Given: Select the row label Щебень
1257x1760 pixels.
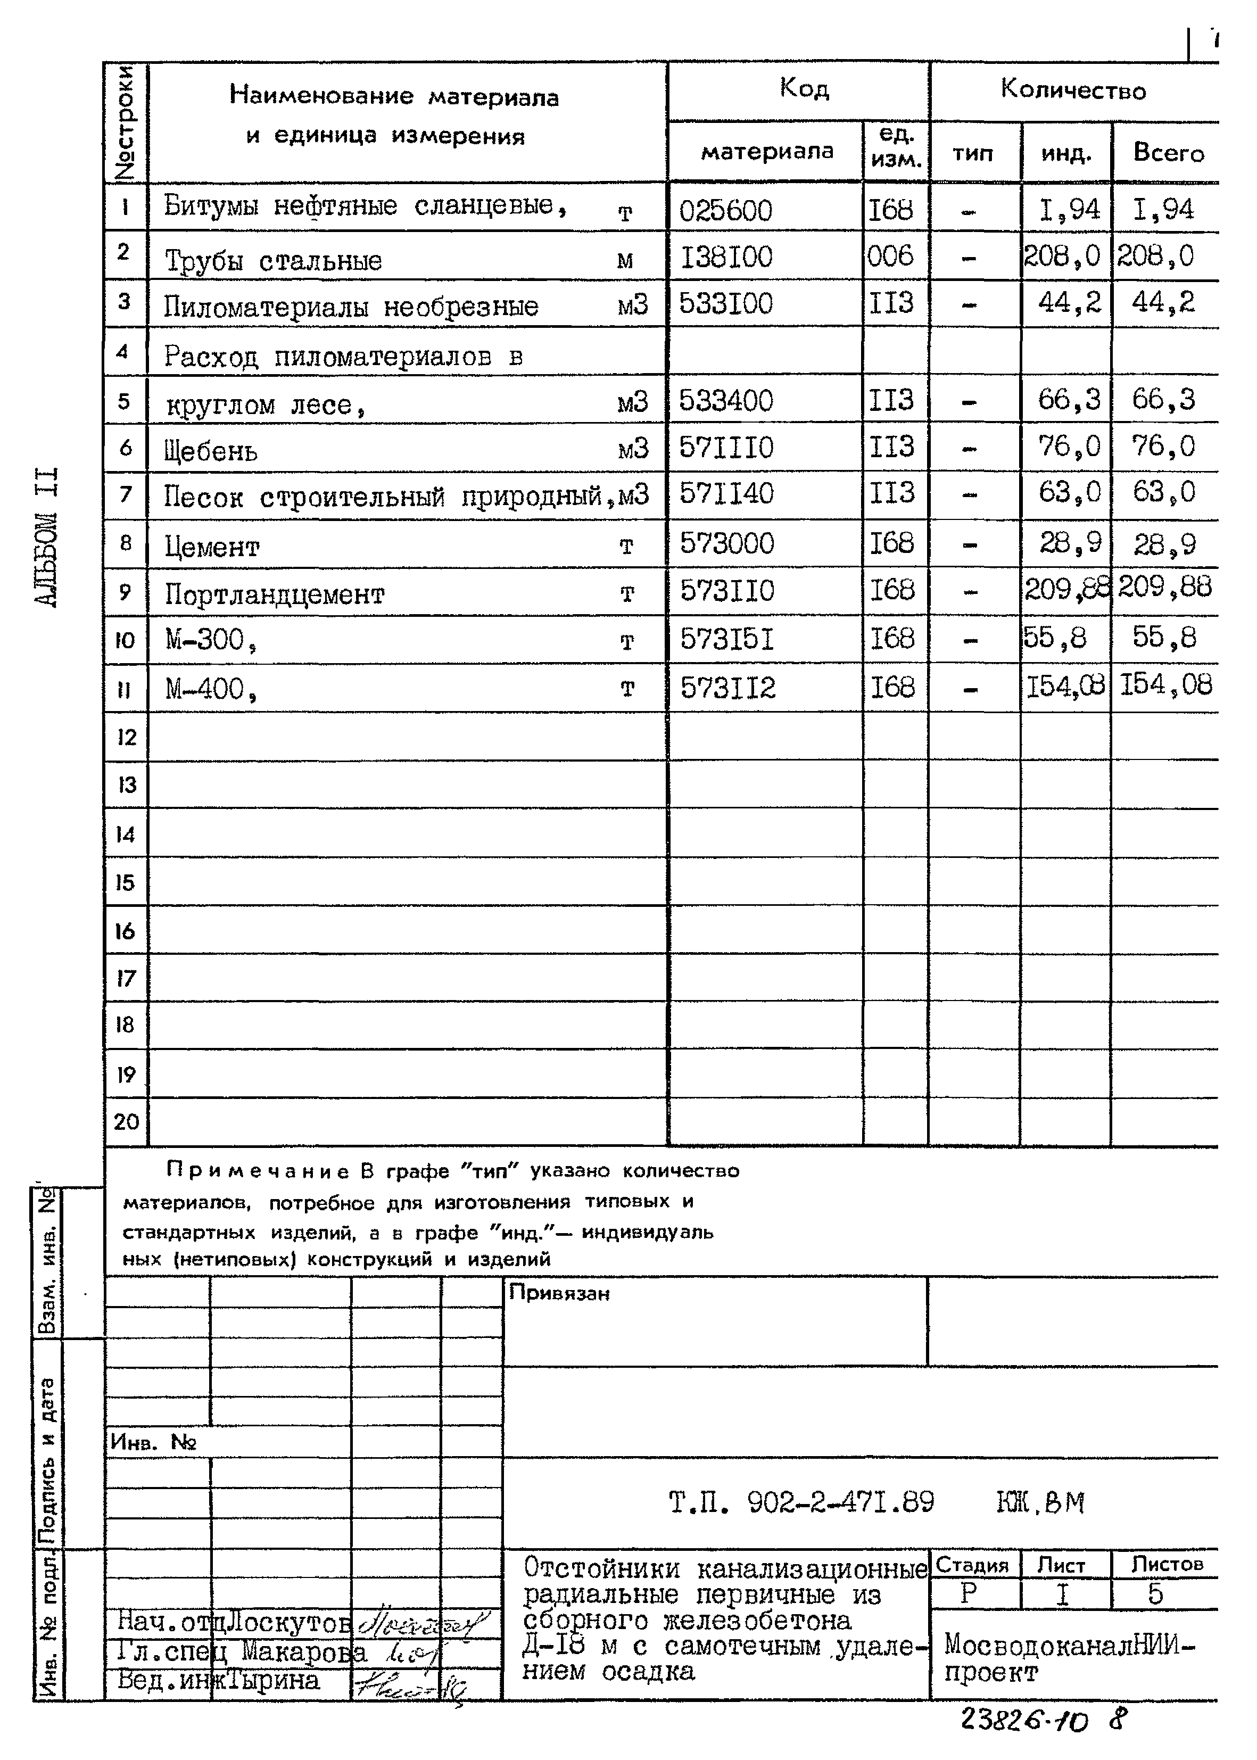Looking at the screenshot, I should (x=211, y=450).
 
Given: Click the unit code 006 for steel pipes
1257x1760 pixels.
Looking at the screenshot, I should (x=890, y=256).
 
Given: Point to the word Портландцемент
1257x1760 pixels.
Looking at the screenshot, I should (x=274, y=594).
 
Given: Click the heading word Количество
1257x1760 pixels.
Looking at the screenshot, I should (x=1073, y=90).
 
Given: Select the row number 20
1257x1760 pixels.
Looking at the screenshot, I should (x=126, y=1121).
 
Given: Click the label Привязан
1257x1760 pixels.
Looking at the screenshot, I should (x=559, y=1293).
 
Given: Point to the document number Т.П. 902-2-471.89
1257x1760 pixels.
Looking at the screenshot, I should (x=801, y=1502).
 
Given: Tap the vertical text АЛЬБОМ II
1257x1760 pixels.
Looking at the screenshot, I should (x=47, y=536).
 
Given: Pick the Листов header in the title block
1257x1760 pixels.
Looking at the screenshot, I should (x=1167, y=1564).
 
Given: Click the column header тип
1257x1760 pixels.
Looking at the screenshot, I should (x=972, y=153).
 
